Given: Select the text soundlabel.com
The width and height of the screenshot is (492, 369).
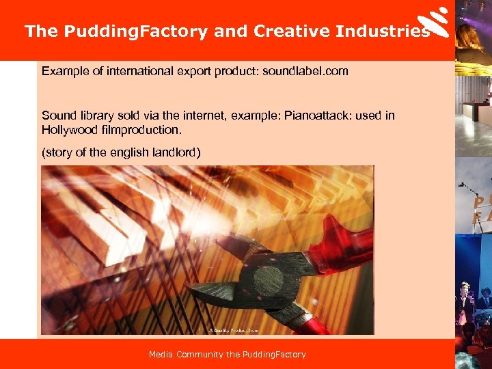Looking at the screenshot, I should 309,71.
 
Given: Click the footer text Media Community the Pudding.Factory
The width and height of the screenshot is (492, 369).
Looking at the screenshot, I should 228,354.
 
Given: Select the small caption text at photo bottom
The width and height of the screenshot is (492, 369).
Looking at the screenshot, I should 234,331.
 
